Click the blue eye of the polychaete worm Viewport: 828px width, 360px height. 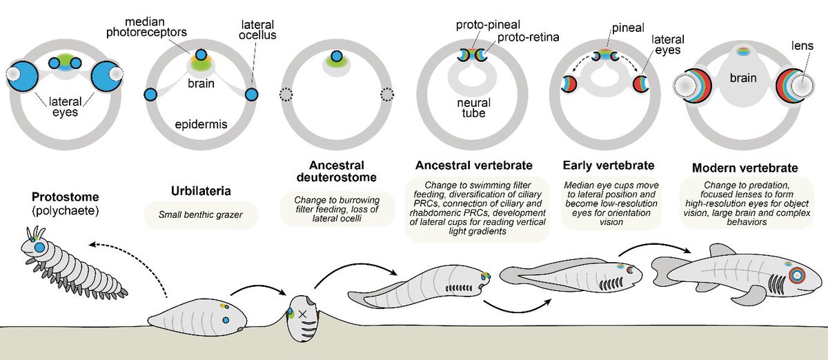coord(40,247)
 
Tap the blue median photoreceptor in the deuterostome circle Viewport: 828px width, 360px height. coord(336,57)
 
